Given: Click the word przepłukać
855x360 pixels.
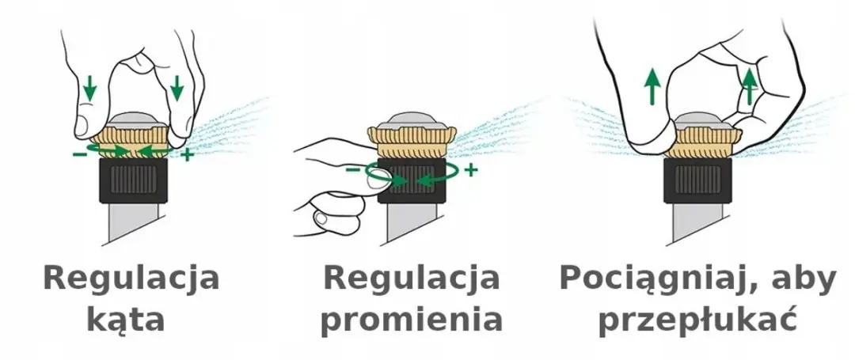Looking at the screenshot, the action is (x=698, y=320).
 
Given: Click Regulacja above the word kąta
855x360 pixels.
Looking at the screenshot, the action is (x=131, y=279).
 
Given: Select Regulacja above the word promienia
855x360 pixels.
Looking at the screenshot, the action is (x=412, y=279).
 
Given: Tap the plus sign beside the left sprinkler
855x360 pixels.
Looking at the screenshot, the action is (x=187, y=154).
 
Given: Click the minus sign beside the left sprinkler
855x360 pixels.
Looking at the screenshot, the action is (x=79, y=154).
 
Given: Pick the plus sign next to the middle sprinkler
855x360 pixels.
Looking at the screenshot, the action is (x=470, y=170).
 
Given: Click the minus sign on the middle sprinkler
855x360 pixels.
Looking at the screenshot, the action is (x=353, y=170).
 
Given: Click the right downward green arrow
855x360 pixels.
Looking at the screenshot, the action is (x=176, y=89).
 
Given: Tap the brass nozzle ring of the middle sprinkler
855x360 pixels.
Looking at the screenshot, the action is (x=412, y=142).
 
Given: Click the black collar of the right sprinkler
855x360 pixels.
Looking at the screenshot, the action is (x=697, y=181).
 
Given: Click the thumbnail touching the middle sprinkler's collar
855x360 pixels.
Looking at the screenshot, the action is (x=375, y=180).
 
